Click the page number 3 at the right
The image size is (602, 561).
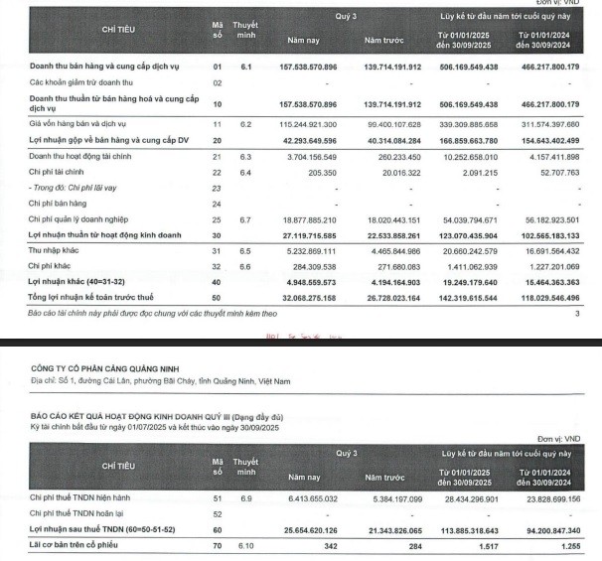pos(577,312)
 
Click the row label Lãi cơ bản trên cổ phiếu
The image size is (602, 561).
pos(81,545)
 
